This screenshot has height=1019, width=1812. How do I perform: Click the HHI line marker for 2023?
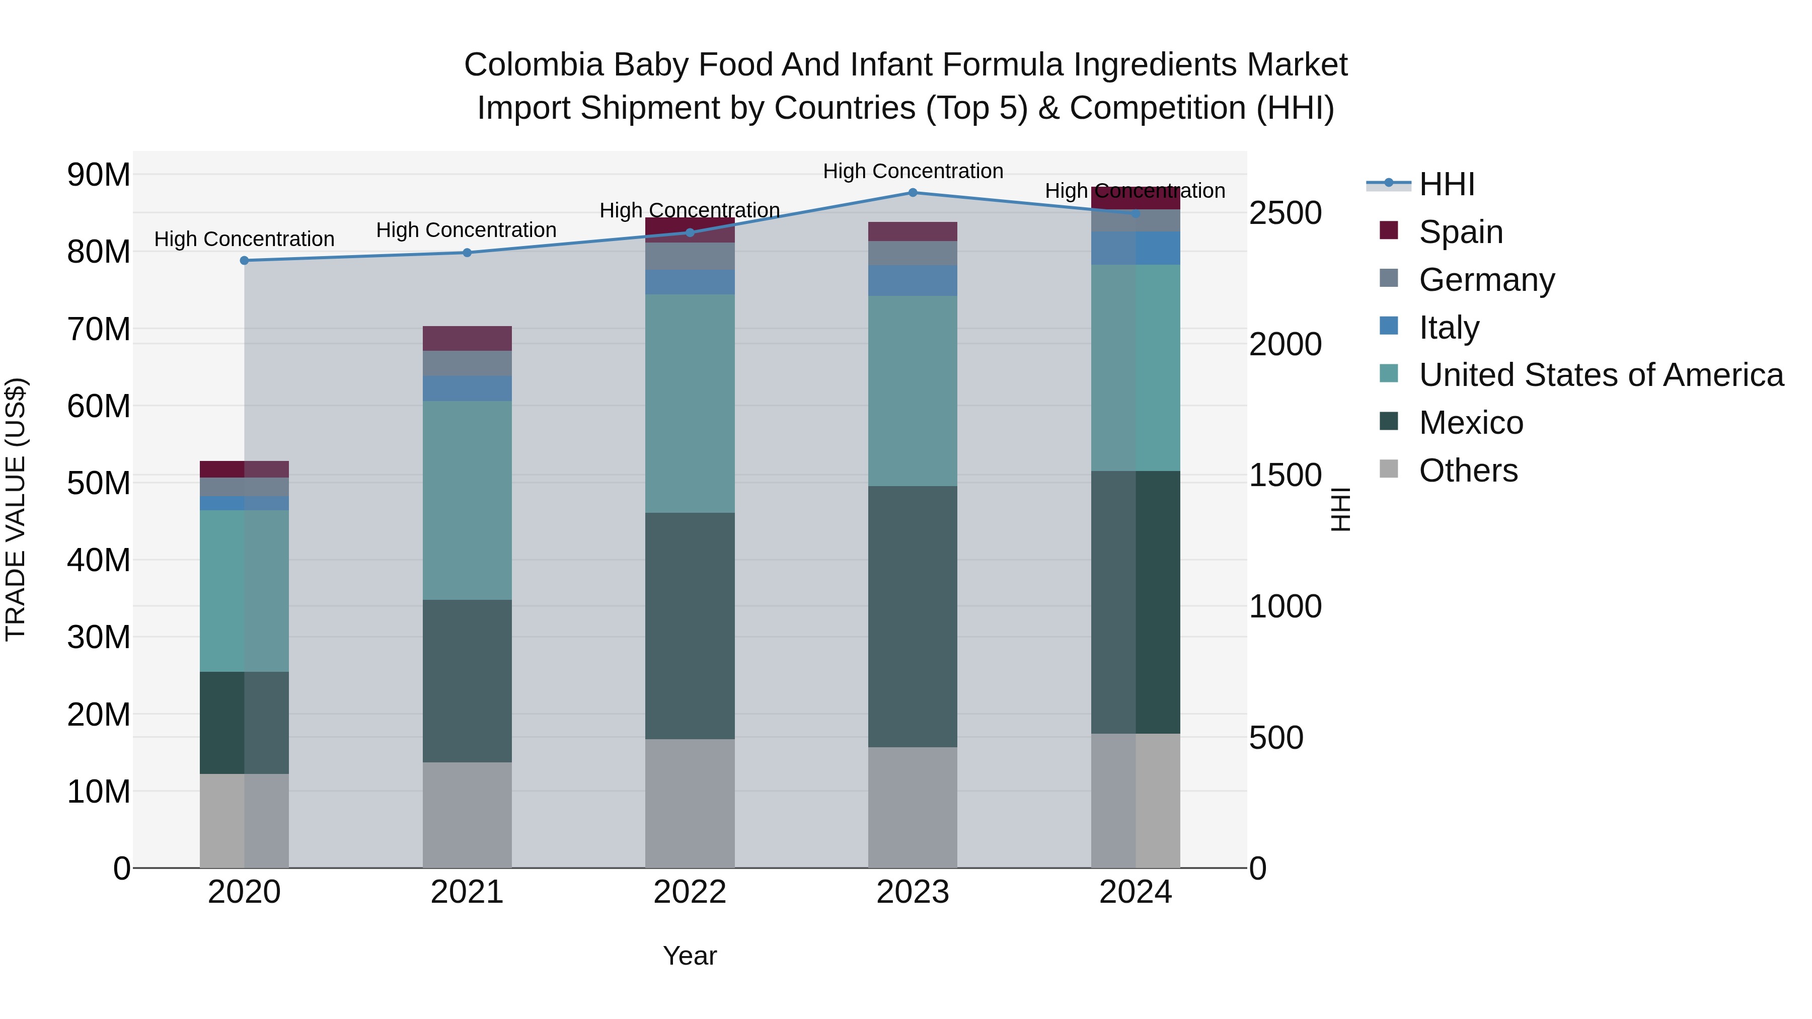click(x=913, y=193)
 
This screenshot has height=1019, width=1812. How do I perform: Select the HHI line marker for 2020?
click(x=244, y=261)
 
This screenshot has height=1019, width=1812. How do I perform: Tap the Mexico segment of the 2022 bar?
click(x=690, y=626)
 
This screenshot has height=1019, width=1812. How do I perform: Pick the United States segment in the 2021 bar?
click(x=467, y=500)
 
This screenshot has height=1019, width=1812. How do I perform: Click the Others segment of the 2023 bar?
click(x=913, y=807)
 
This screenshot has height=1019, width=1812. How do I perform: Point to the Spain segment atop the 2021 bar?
click(x=467, y=338)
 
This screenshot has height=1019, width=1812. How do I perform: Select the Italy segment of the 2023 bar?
click(x=913, y=281)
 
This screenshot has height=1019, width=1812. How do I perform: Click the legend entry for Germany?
click(x=1486, y=280)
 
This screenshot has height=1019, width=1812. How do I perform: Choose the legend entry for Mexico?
click(x=1471, y=423)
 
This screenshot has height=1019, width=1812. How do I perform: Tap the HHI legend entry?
click(x=1446, y=184)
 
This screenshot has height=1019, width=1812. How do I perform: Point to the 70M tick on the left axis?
click(x=99, y=329)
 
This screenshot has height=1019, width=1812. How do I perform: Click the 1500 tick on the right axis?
click(x=1285, y=476)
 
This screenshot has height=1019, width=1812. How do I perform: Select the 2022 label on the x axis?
click(x=690, y=892)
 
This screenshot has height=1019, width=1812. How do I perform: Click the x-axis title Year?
click(x=690, y=956)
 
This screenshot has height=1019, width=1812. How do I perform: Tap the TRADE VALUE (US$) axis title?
click(x=16, y=509)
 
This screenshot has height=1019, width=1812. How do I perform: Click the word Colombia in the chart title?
click(x=533, y=65)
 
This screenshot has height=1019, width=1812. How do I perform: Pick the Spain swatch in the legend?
click(x=1389, y=230)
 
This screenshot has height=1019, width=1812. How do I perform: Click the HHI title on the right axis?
click(x=1341, y=509)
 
